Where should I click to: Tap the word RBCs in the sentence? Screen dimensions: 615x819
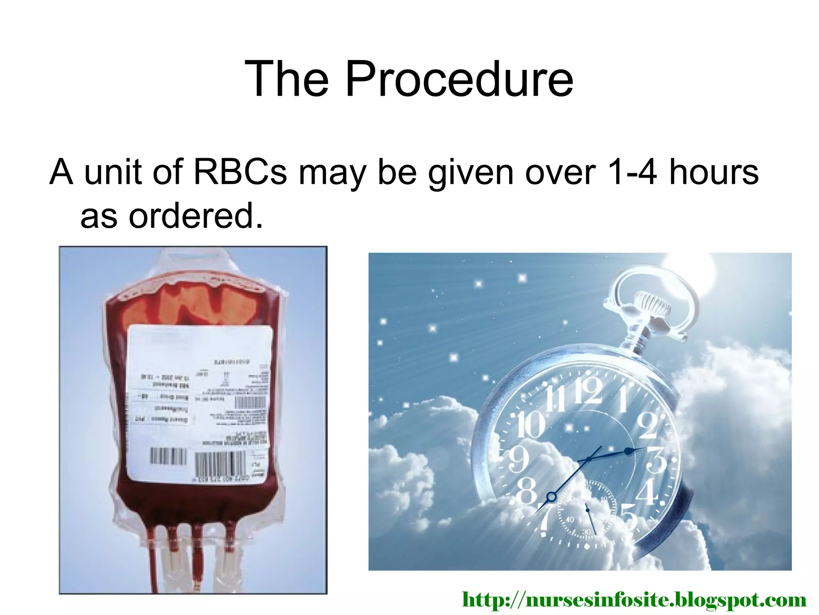[240, 172]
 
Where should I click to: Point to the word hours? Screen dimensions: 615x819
[714, 172]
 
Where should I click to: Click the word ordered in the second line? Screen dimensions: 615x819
[196, 216]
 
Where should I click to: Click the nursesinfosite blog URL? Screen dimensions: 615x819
[634, 600]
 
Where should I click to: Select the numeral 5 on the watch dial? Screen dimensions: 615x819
[629, 517]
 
